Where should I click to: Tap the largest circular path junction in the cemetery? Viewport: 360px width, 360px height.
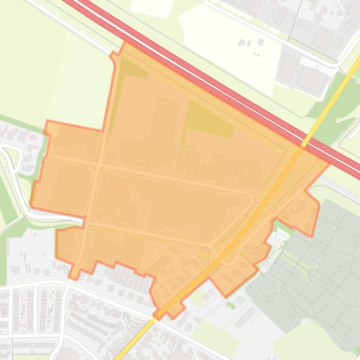(331, 288)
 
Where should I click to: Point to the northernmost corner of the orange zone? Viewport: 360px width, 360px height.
(125, 42)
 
